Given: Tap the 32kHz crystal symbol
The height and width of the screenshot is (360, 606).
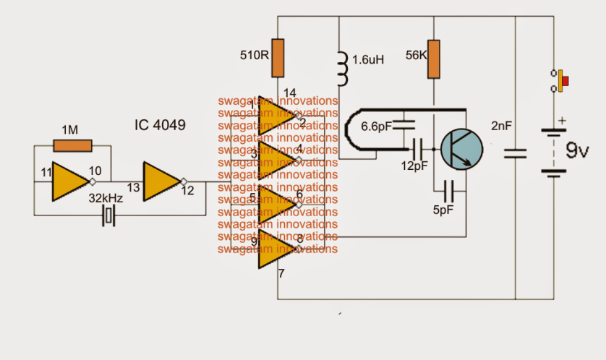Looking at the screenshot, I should (x=109, y=215).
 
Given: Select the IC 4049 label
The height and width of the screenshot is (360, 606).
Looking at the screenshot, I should (x=159, y=125).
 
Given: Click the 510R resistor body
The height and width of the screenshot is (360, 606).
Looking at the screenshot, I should (x=278, y=58).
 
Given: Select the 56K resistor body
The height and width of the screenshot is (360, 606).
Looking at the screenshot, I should (x=433, y=59).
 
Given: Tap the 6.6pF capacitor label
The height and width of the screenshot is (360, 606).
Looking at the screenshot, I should (x=377, y=126).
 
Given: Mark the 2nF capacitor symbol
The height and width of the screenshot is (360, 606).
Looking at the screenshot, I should (x=516, y=152).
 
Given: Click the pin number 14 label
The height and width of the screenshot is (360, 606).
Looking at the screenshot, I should (x=290, y=93).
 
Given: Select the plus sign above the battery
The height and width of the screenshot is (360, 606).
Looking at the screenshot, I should (x=561, y=121).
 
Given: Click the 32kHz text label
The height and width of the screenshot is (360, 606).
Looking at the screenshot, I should (x=106, y=197).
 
